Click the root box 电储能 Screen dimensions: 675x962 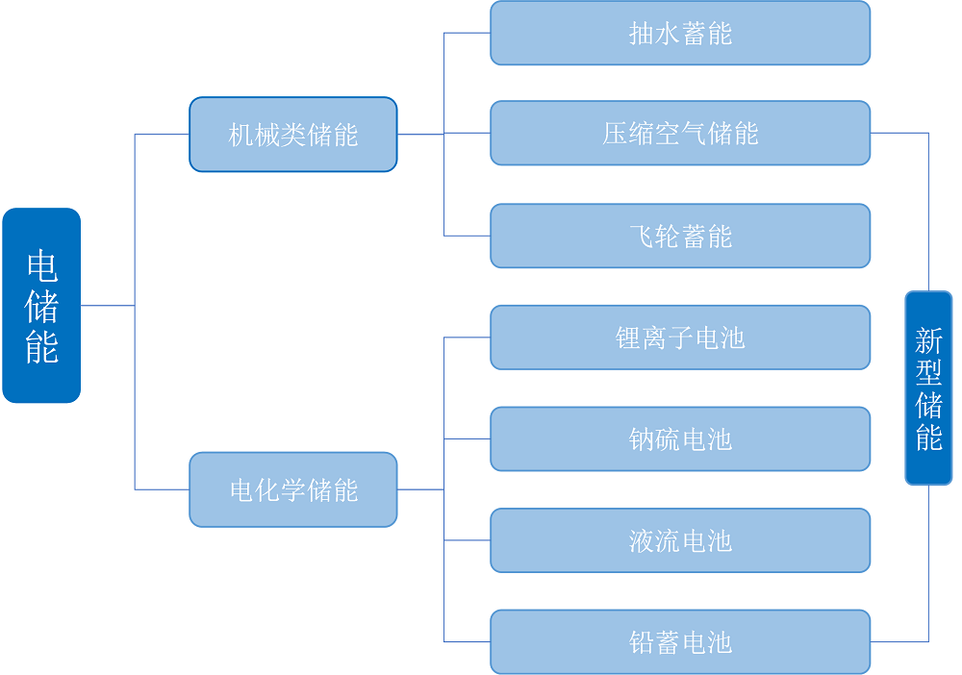pyautogui.click(x=41, y=305)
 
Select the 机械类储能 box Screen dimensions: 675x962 pyautogui.click(x=292, y=135)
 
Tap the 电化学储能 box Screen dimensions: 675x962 pyautogui.click(x=292, y=489)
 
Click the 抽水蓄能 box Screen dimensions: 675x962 pyautogui.click(x=679, y=34)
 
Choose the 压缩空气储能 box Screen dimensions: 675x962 pyautogui.click(x=679, y=134)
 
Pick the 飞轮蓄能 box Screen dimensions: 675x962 pyautogui.click(x=679, y=236)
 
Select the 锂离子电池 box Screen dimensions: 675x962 pyautogui.click(x=679, y=337)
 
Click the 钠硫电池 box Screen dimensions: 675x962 pyautogui.click(x=679, y=439)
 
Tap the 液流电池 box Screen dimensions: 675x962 pyautogui.click(x=679, y=540)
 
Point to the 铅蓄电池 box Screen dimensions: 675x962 pyautogui.click(x=679, y=641)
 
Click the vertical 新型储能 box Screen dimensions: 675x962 pyautogui.click(x=928, y=387)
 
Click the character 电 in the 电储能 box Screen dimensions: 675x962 pyautogui.click(x=41, y=265)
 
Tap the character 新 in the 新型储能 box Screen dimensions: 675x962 pyautogui.click(x=928, y=340)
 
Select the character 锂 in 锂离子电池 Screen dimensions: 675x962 pyautogui.click(x=628, y=338)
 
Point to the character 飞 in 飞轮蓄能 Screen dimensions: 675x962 pyautogui.click(x=642, y=237)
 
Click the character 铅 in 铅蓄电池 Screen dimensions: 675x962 pyautogui.click(x=642, y=642)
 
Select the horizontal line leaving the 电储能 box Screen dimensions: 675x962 pyautogui.click(x=107, y=306)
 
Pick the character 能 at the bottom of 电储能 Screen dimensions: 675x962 pyautogui.click(x=41, y=347)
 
